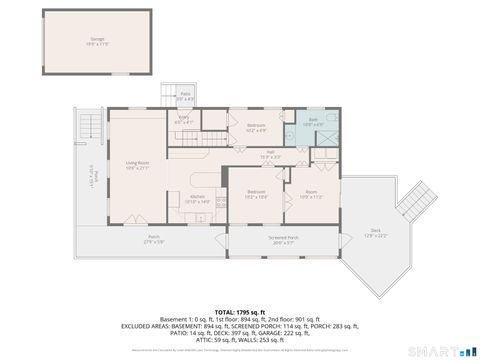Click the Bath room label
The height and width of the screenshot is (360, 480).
(x=312, y=123)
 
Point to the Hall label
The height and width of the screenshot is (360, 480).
(x=270, y=155)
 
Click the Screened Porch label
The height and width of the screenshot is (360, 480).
(x=282, y=239)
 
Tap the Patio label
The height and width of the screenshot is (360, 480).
(x=186, y=97)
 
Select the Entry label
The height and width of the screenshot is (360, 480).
(x=185, y=121)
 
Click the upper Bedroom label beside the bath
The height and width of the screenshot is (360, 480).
(x=255, y=127)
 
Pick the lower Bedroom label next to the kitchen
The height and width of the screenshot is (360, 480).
(x=256, y=193)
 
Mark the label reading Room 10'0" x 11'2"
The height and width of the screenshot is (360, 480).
(x=311, y=193)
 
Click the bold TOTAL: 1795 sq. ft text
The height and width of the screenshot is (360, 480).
(x=240, y=311)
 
